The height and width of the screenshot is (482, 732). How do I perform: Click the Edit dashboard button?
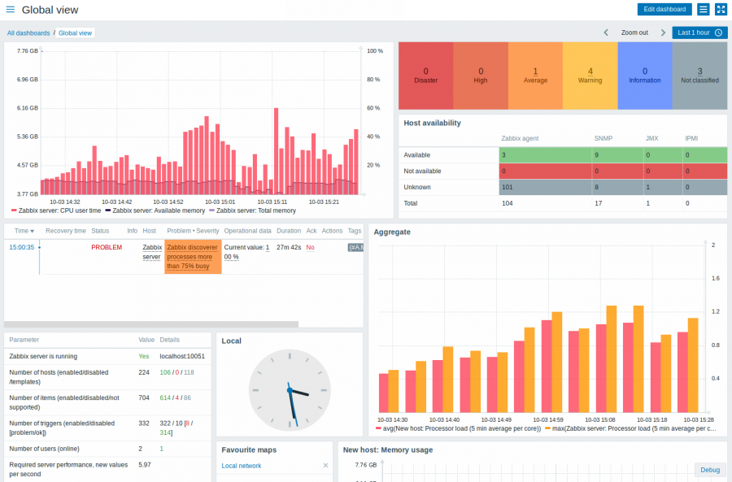(x=664, y=9)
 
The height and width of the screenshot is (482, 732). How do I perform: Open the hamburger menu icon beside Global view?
(x=10, y=10)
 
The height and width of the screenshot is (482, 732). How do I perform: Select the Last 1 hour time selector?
(x=699, y=33)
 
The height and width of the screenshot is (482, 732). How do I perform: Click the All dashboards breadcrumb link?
(x=28, y=33)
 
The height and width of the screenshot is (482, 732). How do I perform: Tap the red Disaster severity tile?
(x=425, y=76)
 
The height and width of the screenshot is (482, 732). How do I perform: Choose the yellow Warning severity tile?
(x=590, y=76)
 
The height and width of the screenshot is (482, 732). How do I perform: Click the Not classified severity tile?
(x=699, y=76)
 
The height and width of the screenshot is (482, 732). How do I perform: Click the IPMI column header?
(x=691, y=139)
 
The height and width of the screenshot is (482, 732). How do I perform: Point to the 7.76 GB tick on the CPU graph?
(x=27, y=50)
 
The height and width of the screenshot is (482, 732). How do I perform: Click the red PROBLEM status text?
(x=106, y=247)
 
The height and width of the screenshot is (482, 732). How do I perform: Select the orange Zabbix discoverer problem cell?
(x=192, y=256)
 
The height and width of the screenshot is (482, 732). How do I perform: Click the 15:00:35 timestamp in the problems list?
(x=21, y=247)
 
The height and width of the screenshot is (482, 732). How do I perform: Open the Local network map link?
(x=242, y=466)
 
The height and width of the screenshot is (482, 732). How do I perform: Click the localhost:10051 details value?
(x=182, y=356)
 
